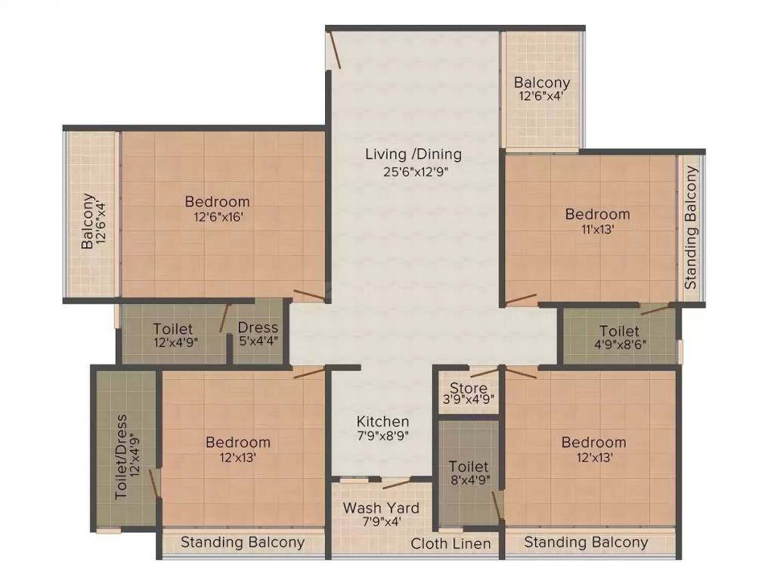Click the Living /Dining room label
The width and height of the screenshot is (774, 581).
coord(413,154)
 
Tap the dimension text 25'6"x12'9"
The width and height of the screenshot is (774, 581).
coord(413,172)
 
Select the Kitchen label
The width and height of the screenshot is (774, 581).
coord(383,421)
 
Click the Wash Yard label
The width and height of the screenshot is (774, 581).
coord(381,508)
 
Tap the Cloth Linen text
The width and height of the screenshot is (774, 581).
coord(450,543)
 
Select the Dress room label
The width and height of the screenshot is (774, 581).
coord(258,328)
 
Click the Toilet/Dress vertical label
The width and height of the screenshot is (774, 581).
coord(122,456)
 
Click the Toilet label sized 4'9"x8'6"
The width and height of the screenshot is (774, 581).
coord(619,331)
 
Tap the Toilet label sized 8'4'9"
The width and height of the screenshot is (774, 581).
coord(469,467)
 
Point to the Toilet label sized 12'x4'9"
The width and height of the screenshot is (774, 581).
coord(172,329)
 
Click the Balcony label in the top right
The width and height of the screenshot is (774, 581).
coord(542,82)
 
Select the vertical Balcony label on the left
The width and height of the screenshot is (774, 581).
coord(89,221)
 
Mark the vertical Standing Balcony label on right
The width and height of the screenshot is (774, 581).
coord(690,227)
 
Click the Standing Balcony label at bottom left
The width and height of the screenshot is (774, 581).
coord(243,542)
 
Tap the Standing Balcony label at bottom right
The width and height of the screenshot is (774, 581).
coord(586,542)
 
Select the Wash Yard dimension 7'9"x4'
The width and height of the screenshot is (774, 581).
coord(381,523)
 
